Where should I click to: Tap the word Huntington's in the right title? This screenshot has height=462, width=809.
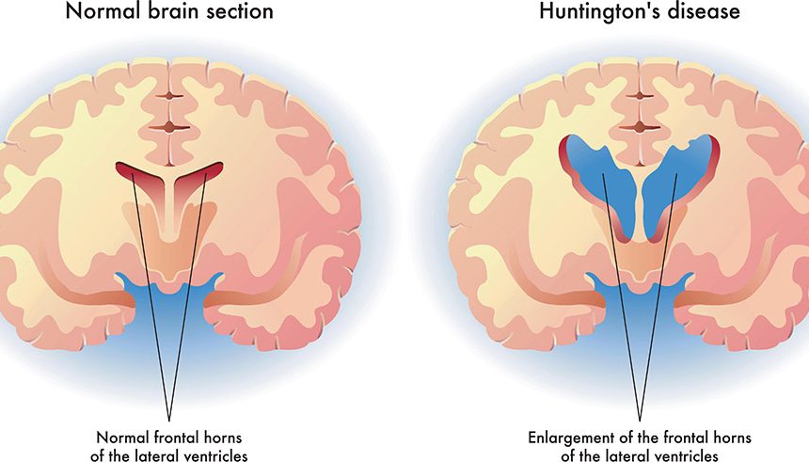tap(595, 11)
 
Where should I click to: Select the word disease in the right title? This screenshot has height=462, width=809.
tap(699, 11)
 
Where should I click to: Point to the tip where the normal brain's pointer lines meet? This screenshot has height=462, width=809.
tap(168, 421)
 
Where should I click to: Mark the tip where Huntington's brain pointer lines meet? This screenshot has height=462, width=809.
tap(640, 421)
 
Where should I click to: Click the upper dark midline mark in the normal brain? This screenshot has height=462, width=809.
tap(169, 96)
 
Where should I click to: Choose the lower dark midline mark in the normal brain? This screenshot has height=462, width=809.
tap(169, 128)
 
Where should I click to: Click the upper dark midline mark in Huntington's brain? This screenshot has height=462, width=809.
tap(640, 96)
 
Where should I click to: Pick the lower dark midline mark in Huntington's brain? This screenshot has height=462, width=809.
tap(640, 128)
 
